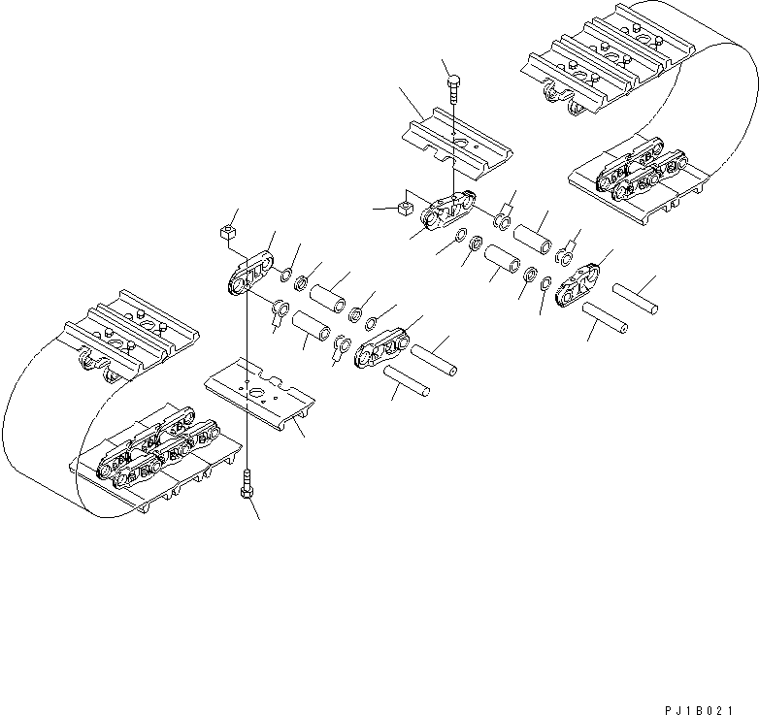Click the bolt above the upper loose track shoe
(454, 91)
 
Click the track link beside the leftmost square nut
(249, 275)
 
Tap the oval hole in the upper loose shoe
(463, 144)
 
